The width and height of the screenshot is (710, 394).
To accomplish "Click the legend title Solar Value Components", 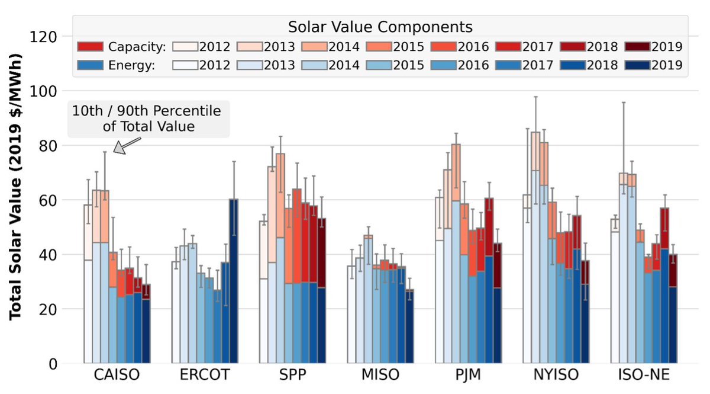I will pyautogui.click(x=380, y=27).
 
